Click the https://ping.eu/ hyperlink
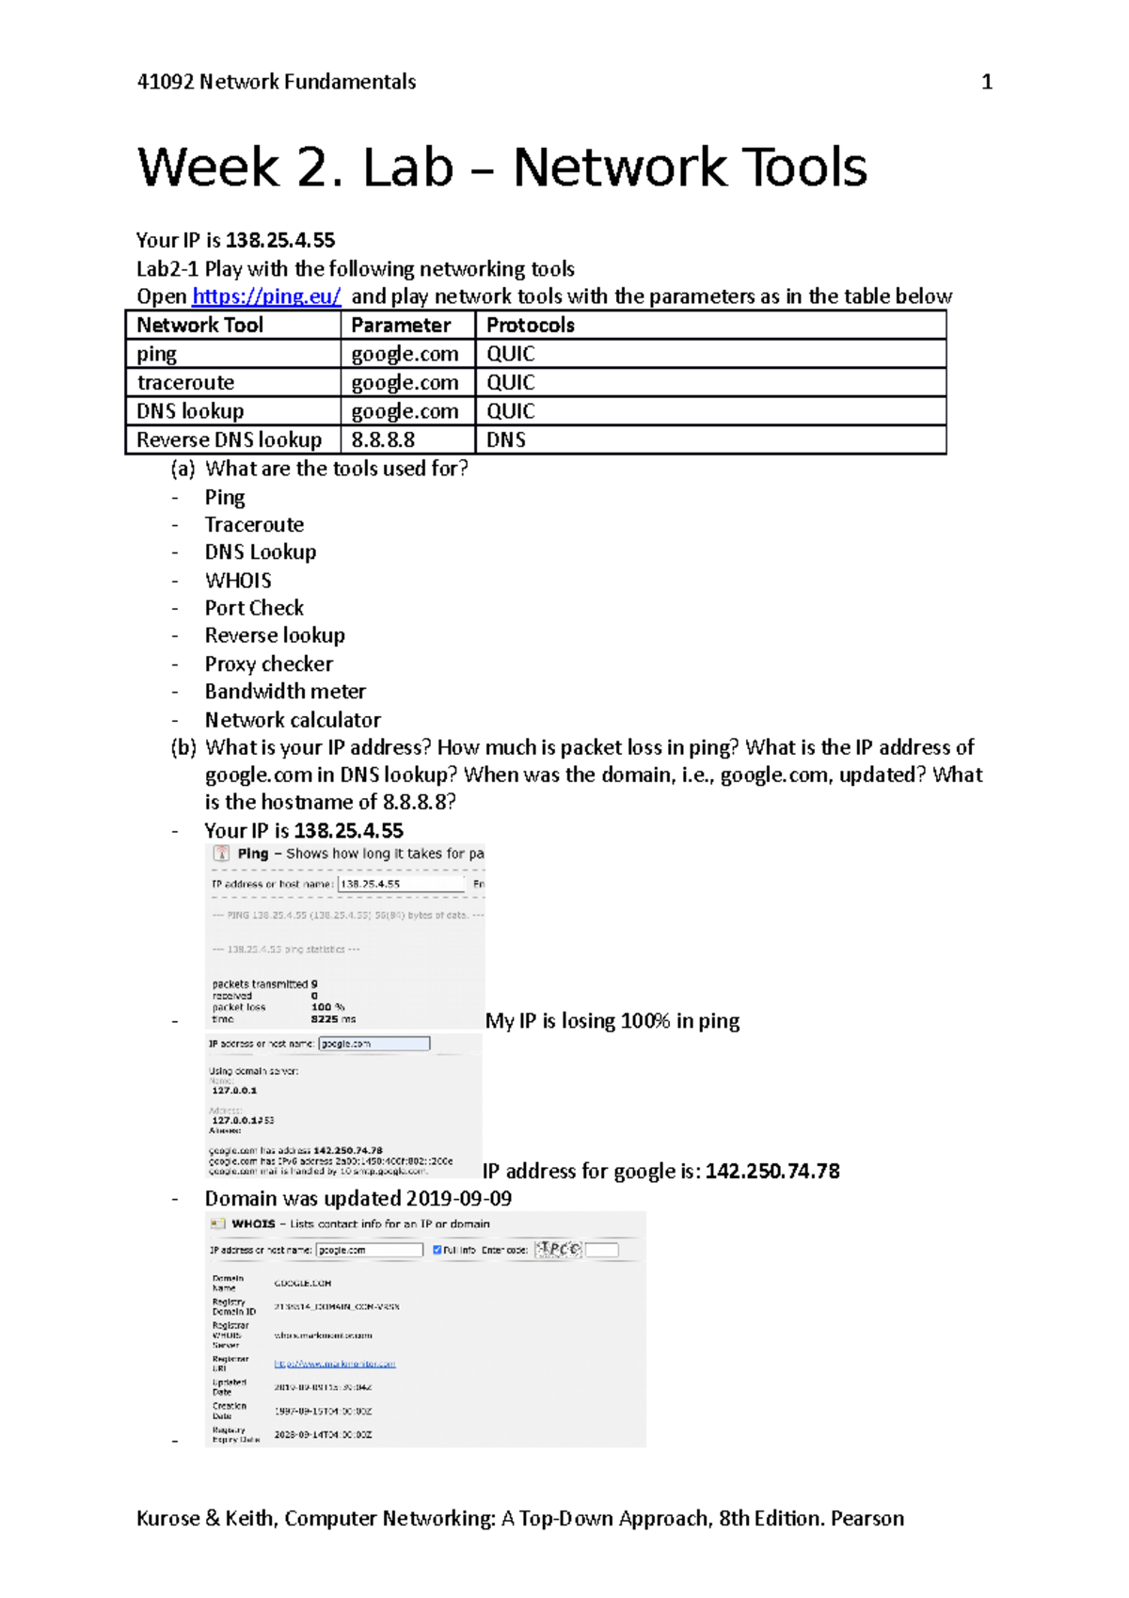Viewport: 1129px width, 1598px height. pyautogui.click(x=265, y=296)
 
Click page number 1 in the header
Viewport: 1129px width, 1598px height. pyautogui.click(x=987, y=82)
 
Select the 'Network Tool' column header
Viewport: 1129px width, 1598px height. pyautogui.click(x=199, y=326)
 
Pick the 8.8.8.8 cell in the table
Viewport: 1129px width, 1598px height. pyautogui.click(x=383, y=440)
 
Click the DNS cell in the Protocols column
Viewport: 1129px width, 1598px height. pyautogui.click(x=505, y=440)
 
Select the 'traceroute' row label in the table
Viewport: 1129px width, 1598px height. pyautogui.click(x=185, y=383)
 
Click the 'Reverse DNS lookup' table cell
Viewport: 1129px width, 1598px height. pyautogui.click(x=229, y=440)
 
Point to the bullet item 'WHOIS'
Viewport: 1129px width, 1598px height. pyautogui.click(x=238, y=581)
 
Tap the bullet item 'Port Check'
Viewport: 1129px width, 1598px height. pyautogui.click(x=254, y=608)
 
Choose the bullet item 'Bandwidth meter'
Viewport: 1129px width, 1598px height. pyautogui.click(x=285, y=692)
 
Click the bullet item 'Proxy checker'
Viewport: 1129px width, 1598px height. pyautogui.click(x=268, y=664)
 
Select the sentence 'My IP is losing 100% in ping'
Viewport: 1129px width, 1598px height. pyautogui.click(x=612, y=1021)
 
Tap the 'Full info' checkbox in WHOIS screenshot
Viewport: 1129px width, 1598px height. pyautogui.click(x=437, y=1250)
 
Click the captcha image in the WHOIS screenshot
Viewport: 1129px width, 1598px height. pyautogui.click(x=558, y=1249)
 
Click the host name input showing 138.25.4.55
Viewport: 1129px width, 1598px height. pyautogui.click(x=401, y=884)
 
